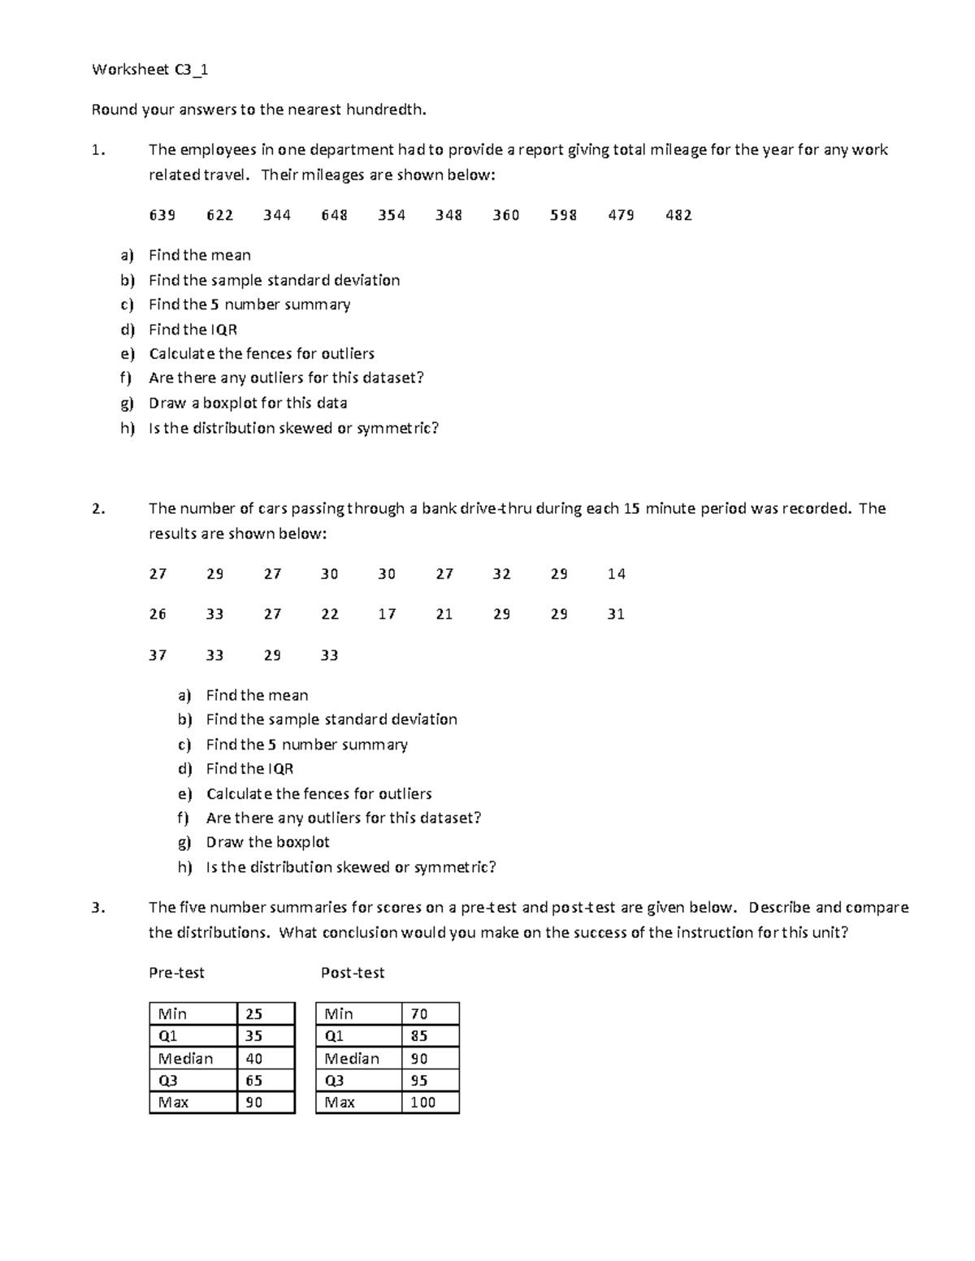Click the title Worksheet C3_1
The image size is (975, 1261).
150,70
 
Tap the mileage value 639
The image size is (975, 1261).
162,215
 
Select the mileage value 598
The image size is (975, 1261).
563,215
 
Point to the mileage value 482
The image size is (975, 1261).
678,215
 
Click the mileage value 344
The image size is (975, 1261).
277,215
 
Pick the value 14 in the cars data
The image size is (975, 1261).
616,574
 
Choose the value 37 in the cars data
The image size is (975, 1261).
158,655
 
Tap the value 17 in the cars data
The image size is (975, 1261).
387,615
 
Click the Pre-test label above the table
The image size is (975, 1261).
176,973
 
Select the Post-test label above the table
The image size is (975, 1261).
353,973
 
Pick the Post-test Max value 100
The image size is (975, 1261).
422,1103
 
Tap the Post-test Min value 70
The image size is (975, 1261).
419,1014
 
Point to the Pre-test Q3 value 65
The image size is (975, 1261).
254,1081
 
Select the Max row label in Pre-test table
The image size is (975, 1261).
173,1103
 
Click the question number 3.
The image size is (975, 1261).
98,909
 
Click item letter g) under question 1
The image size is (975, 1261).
127,404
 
